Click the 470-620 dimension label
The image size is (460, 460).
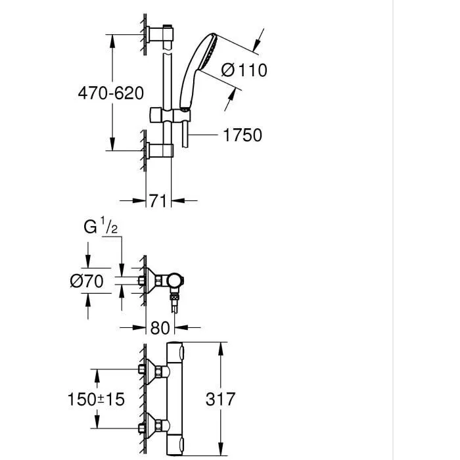(110, 93)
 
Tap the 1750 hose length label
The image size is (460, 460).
(242, 135)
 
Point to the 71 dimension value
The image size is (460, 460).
(158, 201)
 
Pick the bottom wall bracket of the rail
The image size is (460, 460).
(160, 151)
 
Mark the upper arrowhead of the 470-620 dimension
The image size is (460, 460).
(112, 39)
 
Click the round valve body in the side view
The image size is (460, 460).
(175, 283)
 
